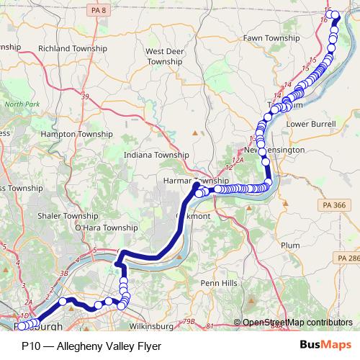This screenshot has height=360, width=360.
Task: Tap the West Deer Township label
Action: pyautogui.click(x=165, y=57)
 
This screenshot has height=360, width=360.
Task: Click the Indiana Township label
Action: pyautogui.click(x=156, y=155)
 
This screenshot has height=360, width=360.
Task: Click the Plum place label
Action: pyautogui.click(x=292, y=245)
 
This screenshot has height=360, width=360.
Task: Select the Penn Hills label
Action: pyautogui.click(x=218, y=283)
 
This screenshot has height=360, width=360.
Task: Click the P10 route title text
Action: pyautogui.click(x=91, y=346)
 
